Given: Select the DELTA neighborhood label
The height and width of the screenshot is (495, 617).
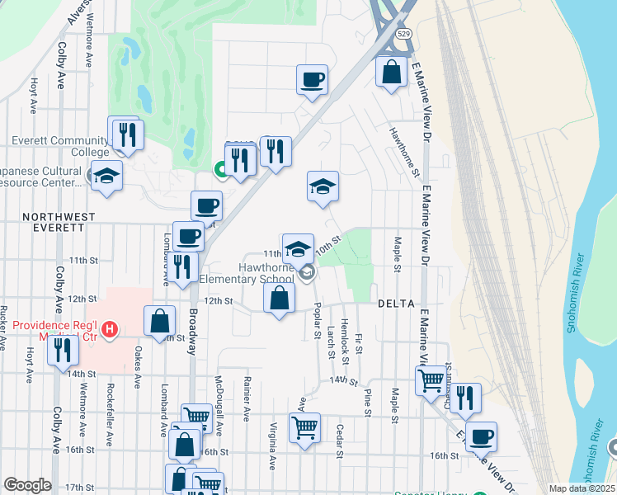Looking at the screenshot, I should point(395,304).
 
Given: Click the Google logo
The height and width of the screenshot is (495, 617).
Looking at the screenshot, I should point(26,485).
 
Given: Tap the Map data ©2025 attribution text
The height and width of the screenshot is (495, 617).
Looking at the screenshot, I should point(582,488).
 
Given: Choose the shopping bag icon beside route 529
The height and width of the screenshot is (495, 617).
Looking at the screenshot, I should point(392,72).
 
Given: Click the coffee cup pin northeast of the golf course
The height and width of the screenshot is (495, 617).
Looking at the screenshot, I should point(313,81).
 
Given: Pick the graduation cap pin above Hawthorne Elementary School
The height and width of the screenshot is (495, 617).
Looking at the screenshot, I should point(298,248).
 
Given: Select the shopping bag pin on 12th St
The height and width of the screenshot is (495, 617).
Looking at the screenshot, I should point(280,299).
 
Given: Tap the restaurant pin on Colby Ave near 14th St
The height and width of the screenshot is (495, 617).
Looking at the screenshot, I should point(63,351).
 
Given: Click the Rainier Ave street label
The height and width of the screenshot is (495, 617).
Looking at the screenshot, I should point(246,396).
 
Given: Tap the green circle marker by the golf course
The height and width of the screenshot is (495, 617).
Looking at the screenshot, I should point(221,170).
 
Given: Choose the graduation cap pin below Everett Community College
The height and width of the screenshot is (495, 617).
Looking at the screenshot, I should point(106,177).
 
